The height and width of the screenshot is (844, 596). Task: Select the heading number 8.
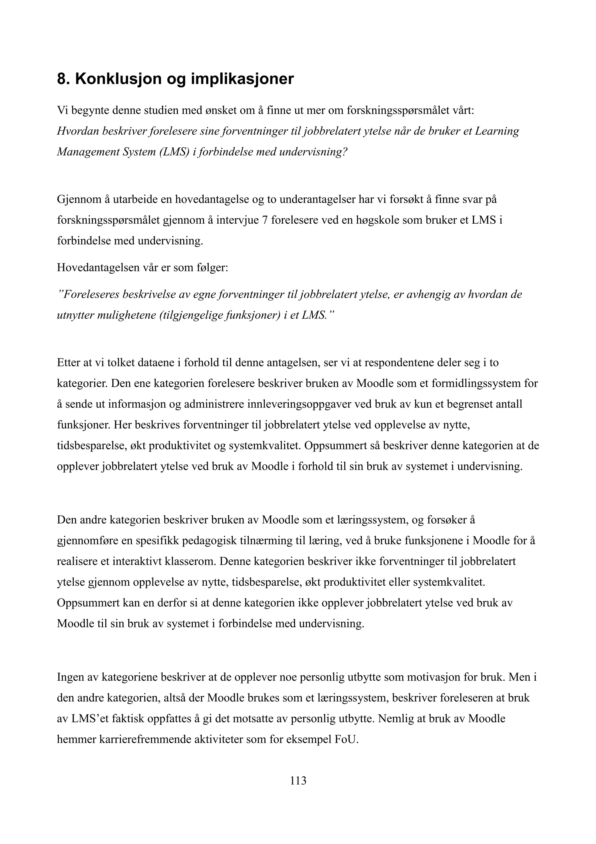click(x=63, y=79)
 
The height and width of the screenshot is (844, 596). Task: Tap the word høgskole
click(x=380, y=220)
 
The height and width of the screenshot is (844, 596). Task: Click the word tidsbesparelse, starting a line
click(x=91, y=446)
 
